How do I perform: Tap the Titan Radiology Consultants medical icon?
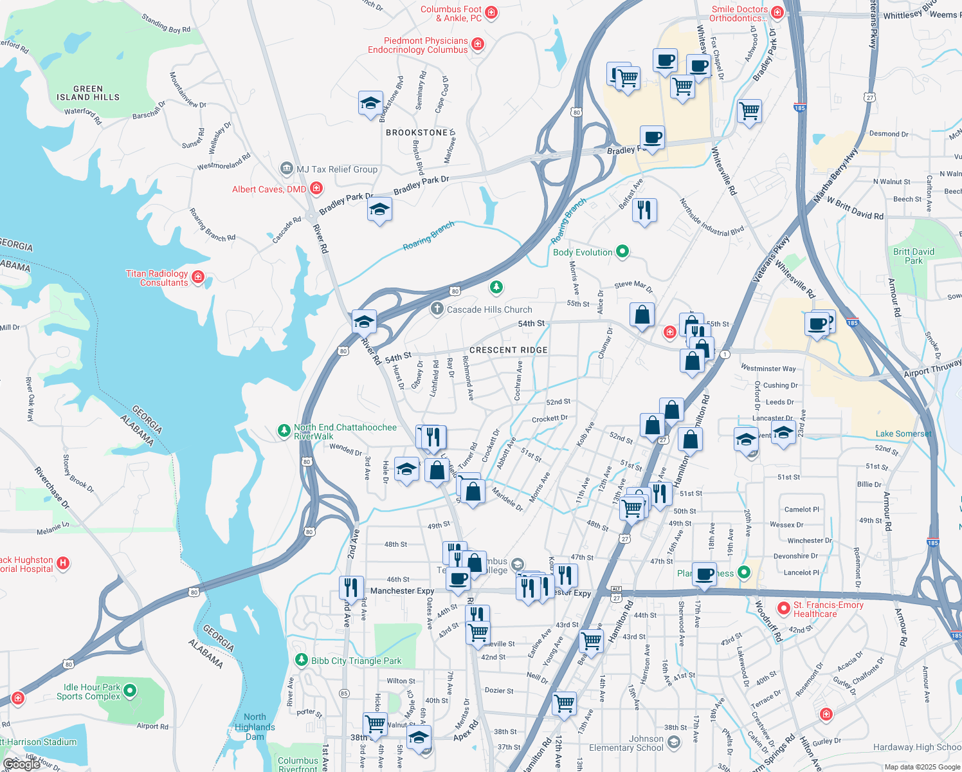[x=198, y=277]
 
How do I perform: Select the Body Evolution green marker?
[x=622, y=252]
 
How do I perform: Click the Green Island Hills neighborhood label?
[x=87, y=93]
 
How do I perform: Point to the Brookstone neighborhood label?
[x=417, y=133]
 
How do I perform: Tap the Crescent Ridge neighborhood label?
[x=509, y=350]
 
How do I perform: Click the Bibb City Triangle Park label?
[x=356, y=661]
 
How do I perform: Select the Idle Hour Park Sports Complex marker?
[x=130, y=691]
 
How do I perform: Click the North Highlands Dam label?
[x=255, y=727]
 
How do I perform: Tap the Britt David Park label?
[x=914, y=256]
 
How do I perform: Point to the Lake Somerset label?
[x=903, y=434]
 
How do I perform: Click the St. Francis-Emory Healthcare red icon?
[x=783, y=608]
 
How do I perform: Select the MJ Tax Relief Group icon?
[x=287, y=169]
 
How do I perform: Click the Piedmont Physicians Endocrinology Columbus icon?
[x=477, y=44]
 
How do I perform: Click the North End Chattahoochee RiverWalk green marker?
[x=284, y=430]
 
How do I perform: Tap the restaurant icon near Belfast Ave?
[x=644, y=210]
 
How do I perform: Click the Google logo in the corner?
[x=21, y=764]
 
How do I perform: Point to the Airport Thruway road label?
[x=932, y=369]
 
